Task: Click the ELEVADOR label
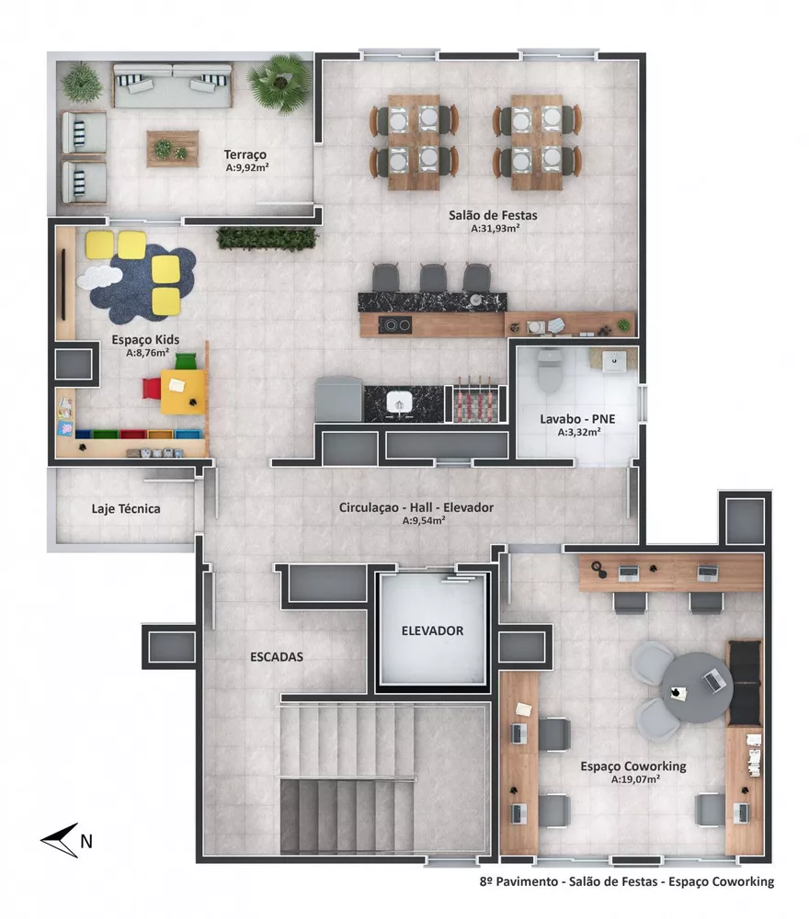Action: [431, 630]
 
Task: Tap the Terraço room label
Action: [245, 154]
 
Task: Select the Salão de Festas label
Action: [493, 216]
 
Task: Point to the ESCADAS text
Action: [277, 657]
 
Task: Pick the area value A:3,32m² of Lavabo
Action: [579, 431]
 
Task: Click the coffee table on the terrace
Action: [172, 148]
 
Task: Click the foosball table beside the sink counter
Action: [476, 402]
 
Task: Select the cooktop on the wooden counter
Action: [396, 323]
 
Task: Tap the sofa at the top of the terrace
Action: [173, 85]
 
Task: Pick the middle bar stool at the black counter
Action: [432, 278]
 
